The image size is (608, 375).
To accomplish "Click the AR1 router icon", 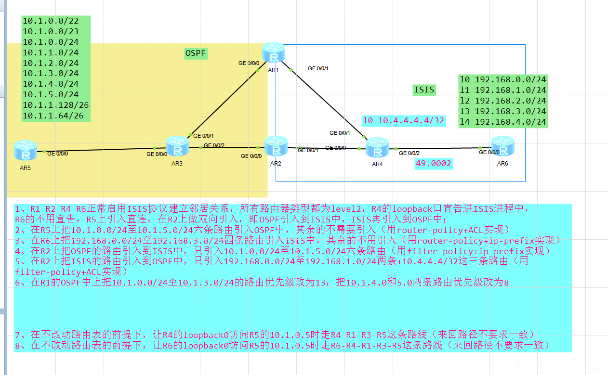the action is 274,54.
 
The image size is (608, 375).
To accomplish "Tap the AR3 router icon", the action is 177,146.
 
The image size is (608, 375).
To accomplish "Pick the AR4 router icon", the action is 377,148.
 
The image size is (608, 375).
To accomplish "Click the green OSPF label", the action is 196,53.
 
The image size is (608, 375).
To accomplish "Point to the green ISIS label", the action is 424,90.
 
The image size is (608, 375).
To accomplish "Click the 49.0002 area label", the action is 434,164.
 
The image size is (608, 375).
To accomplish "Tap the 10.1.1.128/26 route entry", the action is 56,105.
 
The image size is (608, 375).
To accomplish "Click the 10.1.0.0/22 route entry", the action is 51,21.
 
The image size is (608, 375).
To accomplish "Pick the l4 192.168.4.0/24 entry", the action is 503,122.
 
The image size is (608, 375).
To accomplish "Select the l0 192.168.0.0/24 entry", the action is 503,79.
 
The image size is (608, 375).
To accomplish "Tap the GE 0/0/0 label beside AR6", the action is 489,152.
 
